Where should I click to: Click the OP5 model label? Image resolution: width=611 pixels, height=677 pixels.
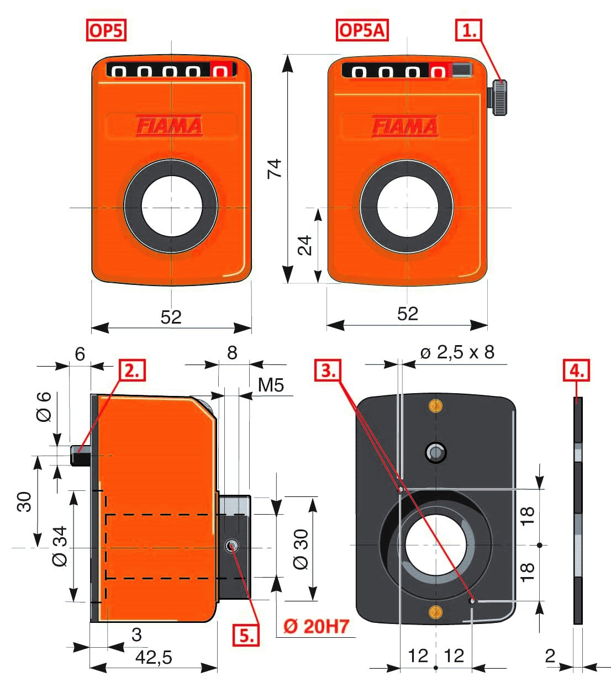(106, 30)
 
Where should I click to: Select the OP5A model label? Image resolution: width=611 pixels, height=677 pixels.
(362, 30)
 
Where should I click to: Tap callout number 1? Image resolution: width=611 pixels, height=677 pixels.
(469, 30)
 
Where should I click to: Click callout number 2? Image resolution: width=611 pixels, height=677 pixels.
(132, 370)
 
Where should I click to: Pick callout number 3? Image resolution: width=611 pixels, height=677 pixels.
(328, 371)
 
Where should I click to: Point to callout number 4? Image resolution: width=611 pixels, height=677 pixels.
(576, 371)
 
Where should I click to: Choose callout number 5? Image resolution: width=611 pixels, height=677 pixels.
(246, 636)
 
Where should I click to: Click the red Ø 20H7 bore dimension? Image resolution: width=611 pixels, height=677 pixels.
(317, 626)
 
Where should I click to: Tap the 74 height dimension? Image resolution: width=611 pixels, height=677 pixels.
(275, 168)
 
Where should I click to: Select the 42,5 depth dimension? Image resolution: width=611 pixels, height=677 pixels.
(154, 657)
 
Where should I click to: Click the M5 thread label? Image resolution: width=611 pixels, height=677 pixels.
(271, 385)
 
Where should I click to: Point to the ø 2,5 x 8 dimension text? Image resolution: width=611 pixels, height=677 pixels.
(457, 352)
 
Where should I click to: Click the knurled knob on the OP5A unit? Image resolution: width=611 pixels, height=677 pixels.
(499, 98)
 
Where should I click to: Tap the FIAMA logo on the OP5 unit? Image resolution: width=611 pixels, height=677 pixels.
(170, 126)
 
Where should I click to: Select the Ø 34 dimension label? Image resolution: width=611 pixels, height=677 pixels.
(60, 546)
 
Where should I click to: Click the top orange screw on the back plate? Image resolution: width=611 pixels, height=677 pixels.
(436, 406)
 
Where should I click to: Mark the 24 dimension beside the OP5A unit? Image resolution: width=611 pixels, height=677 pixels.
(305, 245)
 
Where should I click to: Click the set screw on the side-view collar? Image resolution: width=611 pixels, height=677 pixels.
(231, 547)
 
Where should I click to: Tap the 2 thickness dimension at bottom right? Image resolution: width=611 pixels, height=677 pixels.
(550, 655)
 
